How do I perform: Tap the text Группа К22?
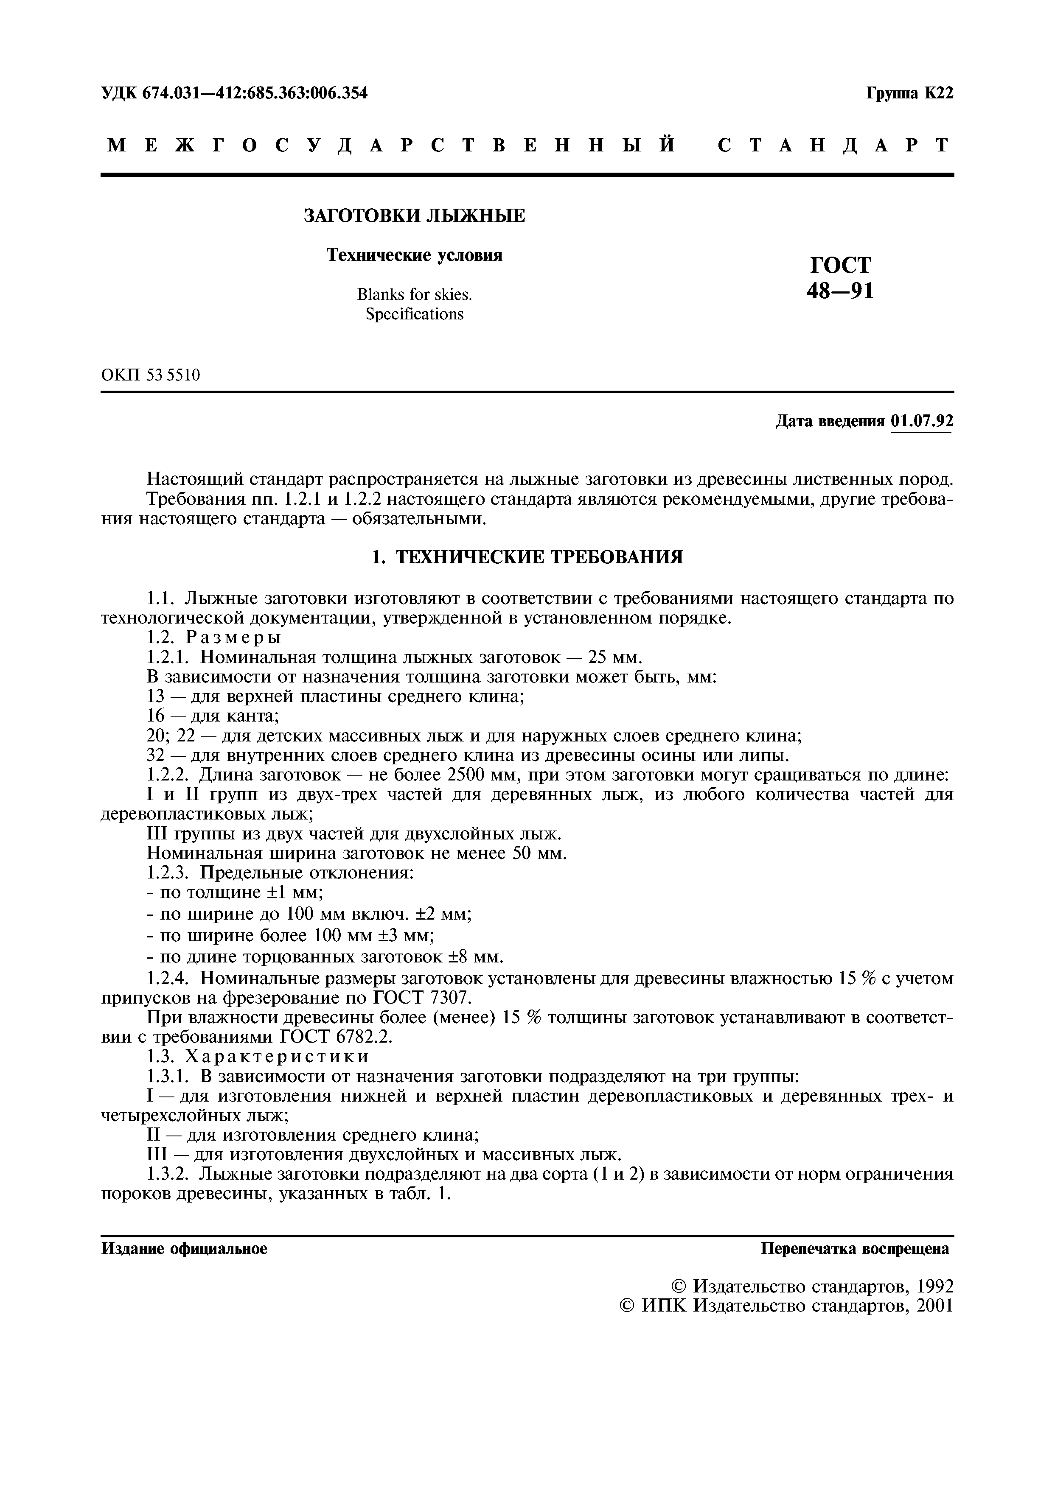coord(910,93)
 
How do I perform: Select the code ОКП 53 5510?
coord(151,375)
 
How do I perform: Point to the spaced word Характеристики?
coord(278,1056)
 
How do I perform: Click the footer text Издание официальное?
coord(185,1249)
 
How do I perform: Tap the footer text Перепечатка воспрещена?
coord(855,1249)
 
